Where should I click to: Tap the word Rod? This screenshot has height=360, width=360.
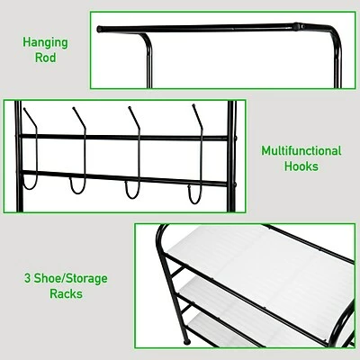[45, 59]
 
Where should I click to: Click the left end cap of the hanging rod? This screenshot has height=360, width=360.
[101, 29]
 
